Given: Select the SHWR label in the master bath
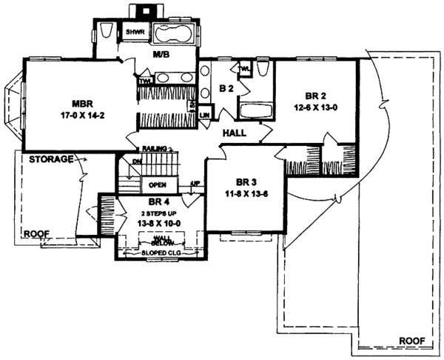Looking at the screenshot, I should click(x=134, y=33).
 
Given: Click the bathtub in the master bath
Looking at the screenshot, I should click(x=175, y=33).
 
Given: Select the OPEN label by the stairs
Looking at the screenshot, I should click(x=156, y=185).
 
